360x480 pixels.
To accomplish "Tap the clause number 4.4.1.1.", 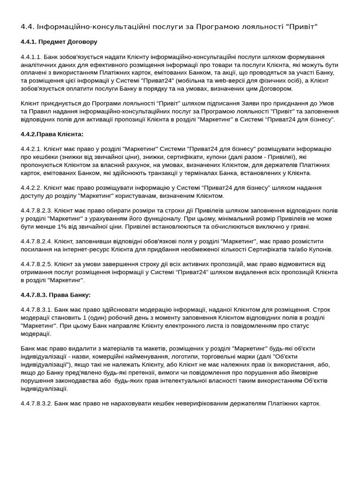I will (x=31, y=57).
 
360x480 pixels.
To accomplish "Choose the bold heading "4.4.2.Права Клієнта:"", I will (x=52, y=134).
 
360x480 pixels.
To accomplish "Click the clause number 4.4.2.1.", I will (x=31, y=149).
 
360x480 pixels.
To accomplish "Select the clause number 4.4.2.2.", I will (x=31, y=188).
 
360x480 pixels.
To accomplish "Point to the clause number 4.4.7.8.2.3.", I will (x=37, y=210).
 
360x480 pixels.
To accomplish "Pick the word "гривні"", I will (x=299, y=226).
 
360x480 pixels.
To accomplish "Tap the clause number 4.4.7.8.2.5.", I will (x=37, y=264).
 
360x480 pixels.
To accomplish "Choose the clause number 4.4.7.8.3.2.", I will (x=37, y=403).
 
